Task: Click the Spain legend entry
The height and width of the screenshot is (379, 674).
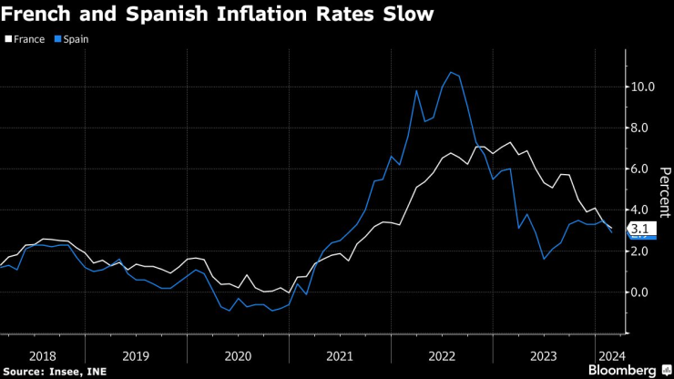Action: click(72, 39)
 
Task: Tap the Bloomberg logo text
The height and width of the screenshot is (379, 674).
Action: click(623, 370)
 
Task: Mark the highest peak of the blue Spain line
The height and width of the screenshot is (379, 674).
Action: click(450, 72)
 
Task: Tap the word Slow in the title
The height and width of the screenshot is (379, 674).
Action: click(408, 15)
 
